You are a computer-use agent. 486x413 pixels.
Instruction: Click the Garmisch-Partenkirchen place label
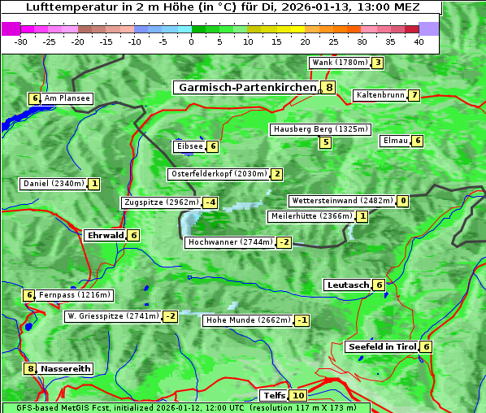(x=246, y=87)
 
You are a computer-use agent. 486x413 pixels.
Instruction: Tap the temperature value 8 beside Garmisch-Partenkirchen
(x=328, y=87)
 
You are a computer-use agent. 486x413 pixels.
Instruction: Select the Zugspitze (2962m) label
(x=161, y=202)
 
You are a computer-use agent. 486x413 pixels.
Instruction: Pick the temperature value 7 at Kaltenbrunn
(x=414, y=95)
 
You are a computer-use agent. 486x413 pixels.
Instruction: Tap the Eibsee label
(x=189, y=146)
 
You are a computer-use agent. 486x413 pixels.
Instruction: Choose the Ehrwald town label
(x=105, y=235)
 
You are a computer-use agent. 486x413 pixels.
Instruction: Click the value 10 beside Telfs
(x=298, y=396)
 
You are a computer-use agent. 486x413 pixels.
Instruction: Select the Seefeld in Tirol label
(x=381, y=346)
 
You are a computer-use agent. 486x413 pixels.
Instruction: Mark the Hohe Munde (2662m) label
(x=247, y=320)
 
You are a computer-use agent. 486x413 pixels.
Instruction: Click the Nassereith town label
(x=66, y=368)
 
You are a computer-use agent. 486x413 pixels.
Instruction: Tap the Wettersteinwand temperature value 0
(x=403, y=201)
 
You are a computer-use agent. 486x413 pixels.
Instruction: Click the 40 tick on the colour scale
(x=418, y=41)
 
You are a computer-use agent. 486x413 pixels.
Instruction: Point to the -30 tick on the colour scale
(x=21, y=41)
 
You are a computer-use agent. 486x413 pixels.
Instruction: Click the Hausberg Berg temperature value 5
(x=325, y=142)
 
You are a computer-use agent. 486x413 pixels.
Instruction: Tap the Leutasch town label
(x=348, y=285)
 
